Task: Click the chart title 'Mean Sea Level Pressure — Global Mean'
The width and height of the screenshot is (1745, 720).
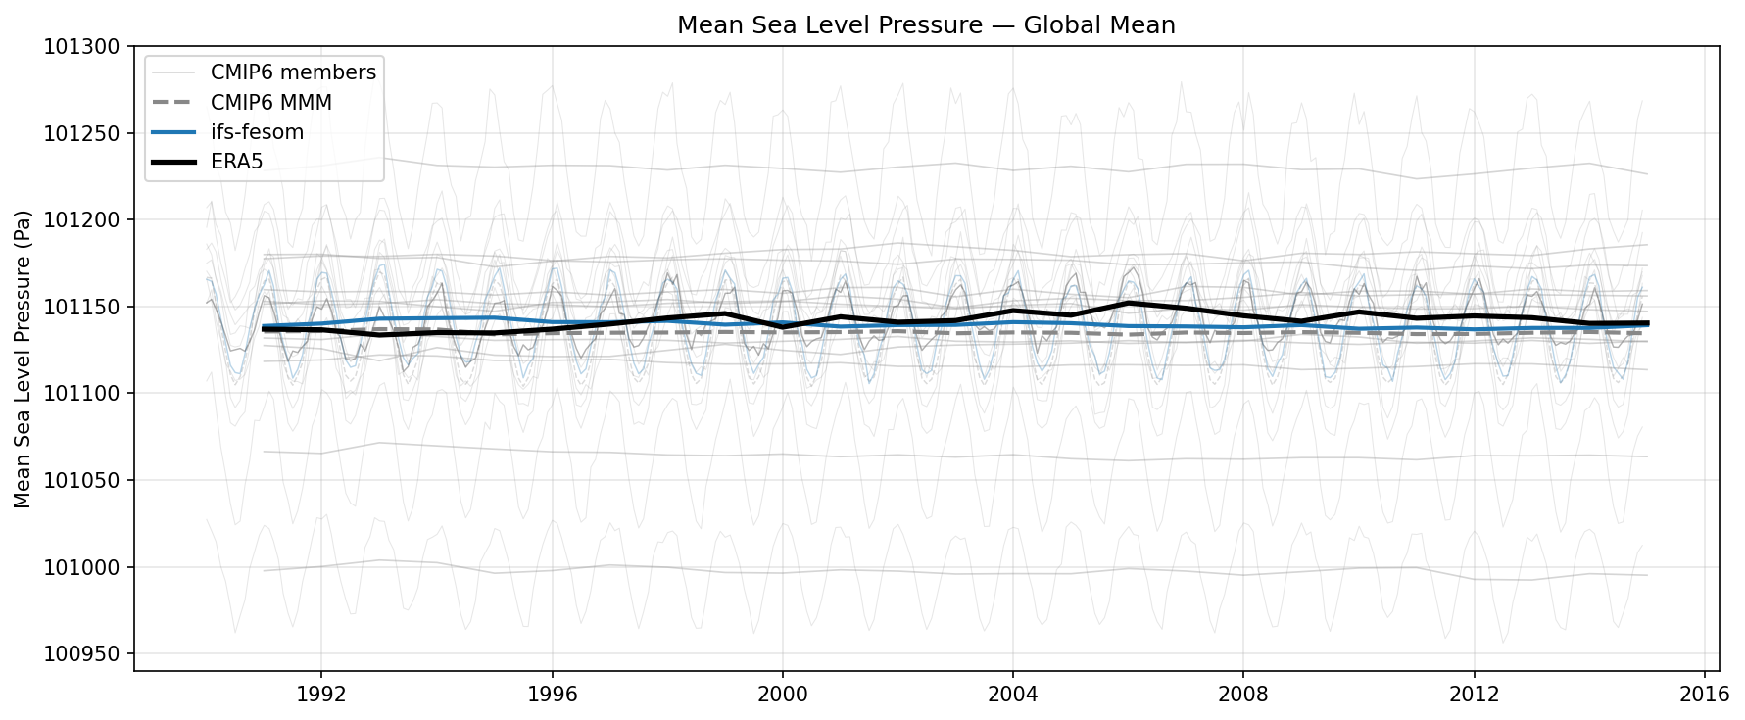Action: [x=926, y=24]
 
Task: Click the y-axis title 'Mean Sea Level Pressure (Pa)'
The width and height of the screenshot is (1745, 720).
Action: [x=23, y=359]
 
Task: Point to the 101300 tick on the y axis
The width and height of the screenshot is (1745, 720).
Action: [x=81, y=47]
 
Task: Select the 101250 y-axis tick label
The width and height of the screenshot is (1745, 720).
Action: [x=81, y=133]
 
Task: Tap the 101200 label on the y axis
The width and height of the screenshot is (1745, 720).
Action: [x=81, y=220]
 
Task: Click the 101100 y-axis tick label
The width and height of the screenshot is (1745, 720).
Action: [x=81, y=394]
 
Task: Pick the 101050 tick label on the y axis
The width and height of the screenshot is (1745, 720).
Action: [x=81, y=481]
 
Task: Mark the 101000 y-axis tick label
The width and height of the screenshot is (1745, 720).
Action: [x=81, y=567]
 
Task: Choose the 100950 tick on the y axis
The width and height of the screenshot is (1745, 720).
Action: [x=81, y=654]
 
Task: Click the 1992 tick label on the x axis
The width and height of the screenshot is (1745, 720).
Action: [x=321, y=695]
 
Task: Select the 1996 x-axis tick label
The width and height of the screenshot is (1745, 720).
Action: [x=552, y=695]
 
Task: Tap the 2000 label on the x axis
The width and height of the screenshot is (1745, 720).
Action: [x=782, y=695]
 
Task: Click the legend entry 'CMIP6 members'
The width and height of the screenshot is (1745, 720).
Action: [x=292, y=72]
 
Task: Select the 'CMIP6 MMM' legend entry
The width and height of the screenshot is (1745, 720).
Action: [x=270, y=103]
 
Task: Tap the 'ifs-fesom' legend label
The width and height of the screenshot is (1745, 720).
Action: [x=257, y=132]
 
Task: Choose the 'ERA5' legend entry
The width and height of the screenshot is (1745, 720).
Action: [x=236, y=162]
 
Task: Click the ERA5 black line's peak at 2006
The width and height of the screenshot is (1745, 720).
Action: [x=1129, y=303]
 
